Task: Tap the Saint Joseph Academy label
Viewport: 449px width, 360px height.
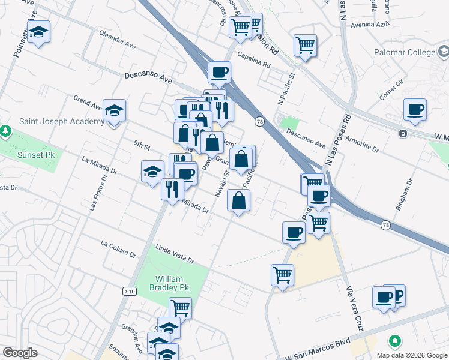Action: click(61, 121)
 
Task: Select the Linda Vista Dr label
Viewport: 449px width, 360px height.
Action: click(175, 254)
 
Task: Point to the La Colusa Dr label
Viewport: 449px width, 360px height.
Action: click(118, 249)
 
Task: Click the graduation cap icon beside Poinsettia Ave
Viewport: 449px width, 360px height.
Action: click(39, 32)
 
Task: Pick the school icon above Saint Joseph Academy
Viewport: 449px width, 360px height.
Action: click(114, 110)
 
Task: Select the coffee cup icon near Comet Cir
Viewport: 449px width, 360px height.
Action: click(415, 110)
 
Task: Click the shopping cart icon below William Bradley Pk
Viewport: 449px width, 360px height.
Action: click(180, 308)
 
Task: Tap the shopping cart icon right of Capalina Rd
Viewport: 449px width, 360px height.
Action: click(305, 45)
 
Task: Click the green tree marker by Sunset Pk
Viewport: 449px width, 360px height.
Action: click(5, 130)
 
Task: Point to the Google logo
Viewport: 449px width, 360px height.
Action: click(20, 353)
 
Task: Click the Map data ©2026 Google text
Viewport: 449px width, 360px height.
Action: click(411, 355)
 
